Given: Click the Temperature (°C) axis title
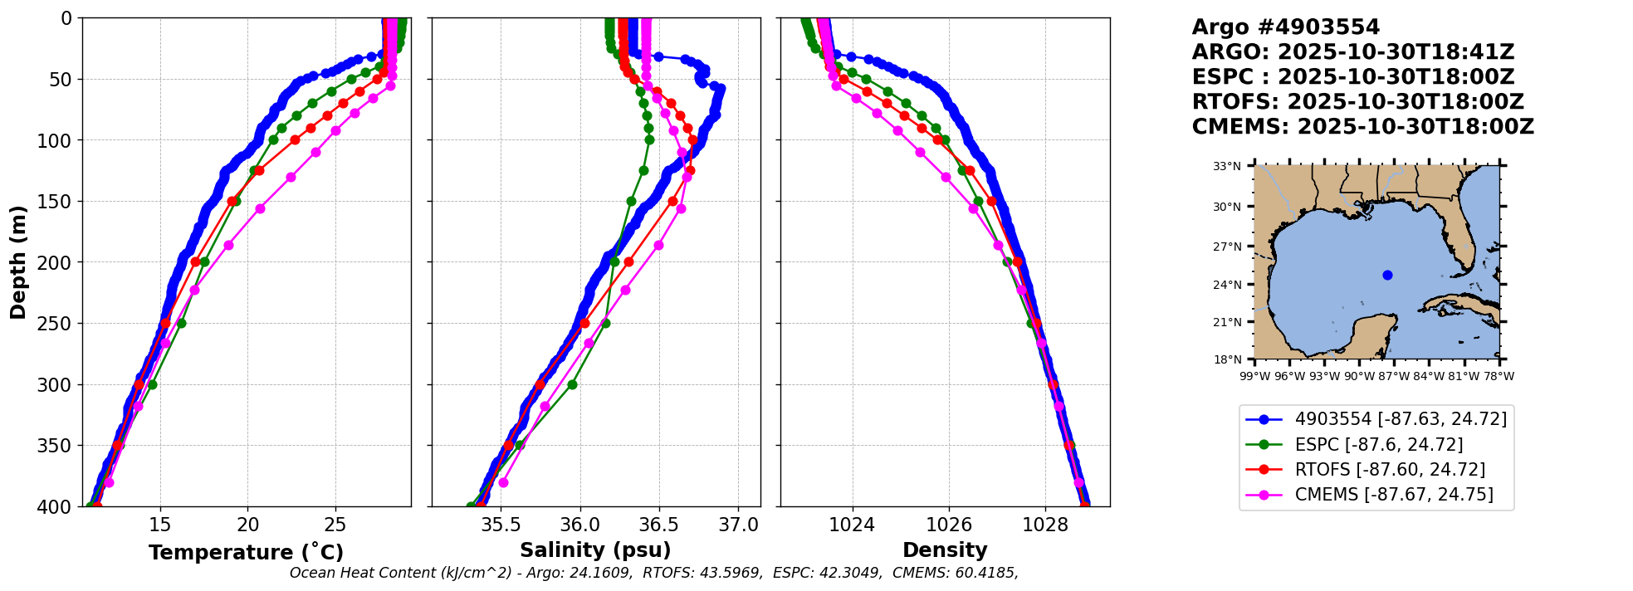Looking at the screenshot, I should click(246, 553).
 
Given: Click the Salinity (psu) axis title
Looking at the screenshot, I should click(595, 550).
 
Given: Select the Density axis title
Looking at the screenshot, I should click(945, 550).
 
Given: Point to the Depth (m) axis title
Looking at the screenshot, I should click(18, 262).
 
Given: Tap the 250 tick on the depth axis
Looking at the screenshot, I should click(59, 324).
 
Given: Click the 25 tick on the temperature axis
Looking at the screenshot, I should click(335, 525).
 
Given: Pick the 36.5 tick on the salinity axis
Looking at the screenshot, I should click(659, 525).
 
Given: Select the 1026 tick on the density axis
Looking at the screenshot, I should click(948, 525).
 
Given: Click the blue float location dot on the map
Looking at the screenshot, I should click(1387, 275).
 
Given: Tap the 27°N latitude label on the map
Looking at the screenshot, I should click(1227, 247).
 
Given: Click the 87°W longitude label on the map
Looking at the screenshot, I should click(1394, 376).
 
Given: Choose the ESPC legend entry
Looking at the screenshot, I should click(1379, 444).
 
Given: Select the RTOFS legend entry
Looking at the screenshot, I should click(1390, 469).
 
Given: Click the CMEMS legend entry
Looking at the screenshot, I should click(1394, 495).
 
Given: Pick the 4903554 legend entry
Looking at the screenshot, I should click(1401, 419).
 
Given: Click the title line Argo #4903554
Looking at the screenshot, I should click(1285, 27).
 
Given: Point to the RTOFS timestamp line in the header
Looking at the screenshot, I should click(1357, 102).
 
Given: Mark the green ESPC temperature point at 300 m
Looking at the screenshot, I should click(152, 384).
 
